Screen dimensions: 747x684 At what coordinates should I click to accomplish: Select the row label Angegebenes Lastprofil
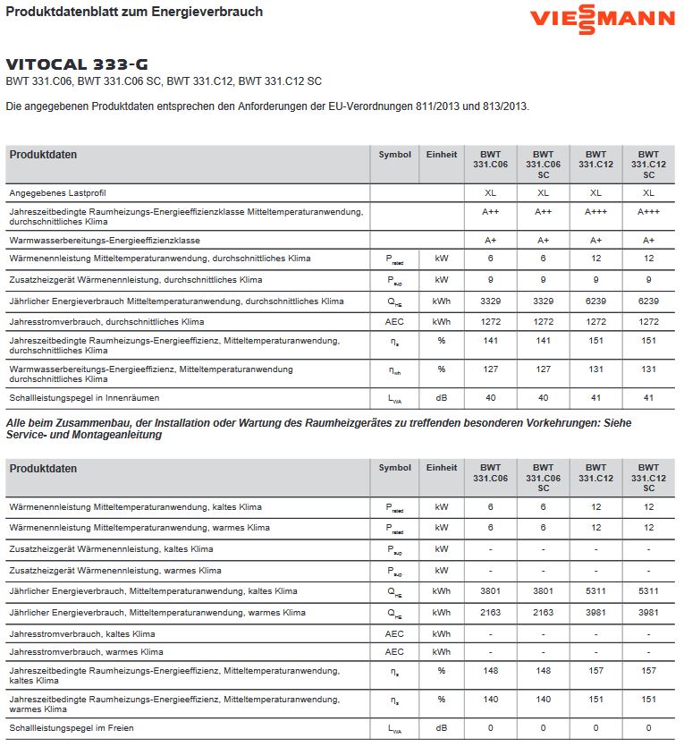click(57, 192)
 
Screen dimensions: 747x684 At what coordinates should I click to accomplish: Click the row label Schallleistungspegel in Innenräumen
click(84, 397)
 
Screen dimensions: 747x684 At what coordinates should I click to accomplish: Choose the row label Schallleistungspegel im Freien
click(72, 728)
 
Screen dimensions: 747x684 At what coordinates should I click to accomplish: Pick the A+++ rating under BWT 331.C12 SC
click(648, 212)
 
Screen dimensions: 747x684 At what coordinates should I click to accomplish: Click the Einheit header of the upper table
click(442, 154)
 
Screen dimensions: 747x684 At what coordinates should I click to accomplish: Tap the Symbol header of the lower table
click(394, 468)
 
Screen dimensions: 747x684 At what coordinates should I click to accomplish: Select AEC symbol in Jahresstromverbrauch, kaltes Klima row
click(394, 633)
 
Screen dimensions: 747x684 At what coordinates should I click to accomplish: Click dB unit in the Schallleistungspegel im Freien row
click(441, 728)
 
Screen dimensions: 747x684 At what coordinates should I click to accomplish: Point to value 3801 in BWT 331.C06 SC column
click(543, 591)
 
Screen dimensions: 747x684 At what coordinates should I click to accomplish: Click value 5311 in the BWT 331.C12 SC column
click(648, 591)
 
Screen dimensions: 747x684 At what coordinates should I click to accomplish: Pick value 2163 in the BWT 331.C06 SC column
click(543, 613)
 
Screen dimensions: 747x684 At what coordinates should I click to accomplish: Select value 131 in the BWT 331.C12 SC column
click(648, 369)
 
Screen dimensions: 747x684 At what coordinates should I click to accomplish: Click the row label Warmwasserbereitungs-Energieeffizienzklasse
click(104, 241)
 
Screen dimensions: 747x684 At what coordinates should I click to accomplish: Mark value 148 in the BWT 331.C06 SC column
click(543, 671)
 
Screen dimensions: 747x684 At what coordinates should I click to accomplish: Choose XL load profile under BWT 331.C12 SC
click(648, 192)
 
